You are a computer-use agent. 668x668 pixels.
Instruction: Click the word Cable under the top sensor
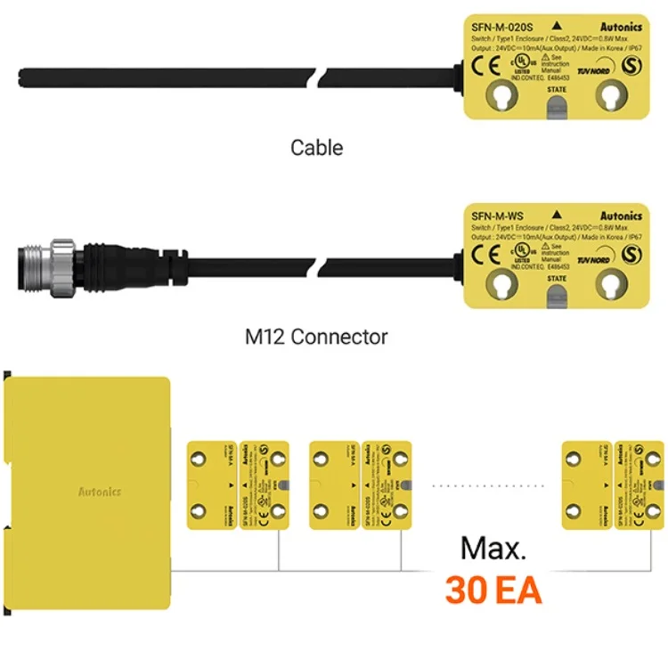tap(316, 147)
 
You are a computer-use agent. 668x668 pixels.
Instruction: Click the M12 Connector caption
tap(316, 337)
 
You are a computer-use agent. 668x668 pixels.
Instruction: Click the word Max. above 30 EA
tap(493, 548)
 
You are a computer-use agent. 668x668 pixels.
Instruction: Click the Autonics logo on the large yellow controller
tap(100, 492)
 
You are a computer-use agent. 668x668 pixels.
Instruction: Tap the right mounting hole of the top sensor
tap(611, 94)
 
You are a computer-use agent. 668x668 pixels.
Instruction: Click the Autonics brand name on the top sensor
tap(620, 27)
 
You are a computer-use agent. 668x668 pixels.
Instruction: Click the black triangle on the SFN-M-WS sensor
tap(556, 215)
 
